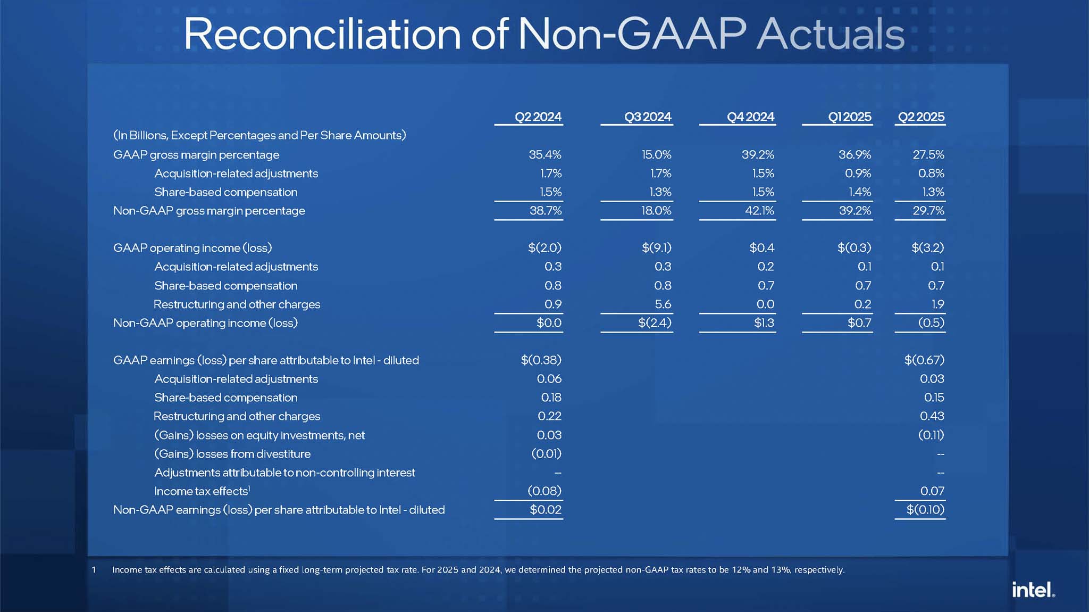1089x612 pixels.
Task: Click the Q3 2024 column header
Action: pyautogui.click(x=648, y=117)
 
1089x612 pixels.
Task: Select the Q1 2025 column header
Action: pyautogui.click(x=850, y=117)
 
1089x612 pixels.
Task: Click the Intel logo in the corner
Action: pyautogui.click(x=1033, y=590)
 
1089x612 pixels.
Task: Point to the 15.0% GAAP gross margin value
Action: pyautogui.click(x=656, y=155)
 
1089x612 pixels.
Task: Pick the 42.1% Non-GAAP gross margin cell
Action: pyautogui.click(x=759, y=211)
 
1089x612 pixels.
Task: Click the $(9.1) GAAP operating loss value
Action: pyautogui.click(x=656, y=248)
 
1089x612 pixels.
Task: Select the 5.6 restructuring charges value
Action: pyautogui.click(x=663, y=304)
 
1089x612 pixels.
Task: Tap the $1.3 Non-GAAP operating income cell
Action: pyautogui.click(x=764, y=323)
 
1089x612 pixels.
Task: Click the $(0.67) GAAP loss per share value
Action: pyautogui.click(x=924, y=360)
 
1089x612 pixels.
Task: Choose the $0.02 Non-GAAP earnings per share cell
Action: pyautogui.click(x=546, y=510)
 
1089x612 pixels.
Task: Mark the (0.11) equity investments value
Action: pyautogui.click(x=931, y=435)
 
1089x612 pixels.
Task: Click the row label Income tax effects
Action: pyautogui.click(x=201, y=491)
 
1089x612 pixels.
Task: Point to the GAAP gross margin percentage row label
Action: pyautogui.click(x=196, y=155)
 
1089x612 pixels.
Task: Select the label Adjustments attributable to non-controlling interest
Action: pyautogui.click(x=284, y=473)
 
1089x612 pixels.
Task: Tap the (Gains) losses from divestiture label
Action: pyautogui.click(x=232, y=454)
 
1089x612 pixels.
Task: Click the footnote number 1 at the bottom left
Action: pyautogui.click(x=94, y=570)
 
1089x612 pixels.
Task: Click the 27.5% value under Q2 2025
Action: pyautogui.click(x=928, y=155)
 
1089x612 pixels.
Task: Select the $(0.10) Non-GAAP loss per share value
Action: pyautogui.click(x=925, y=510)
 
